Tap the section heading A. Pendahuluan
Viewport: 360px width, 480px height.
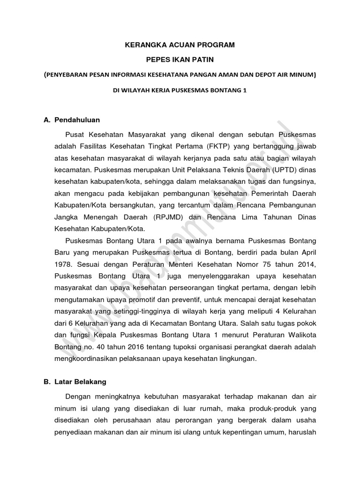point(71,120)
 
